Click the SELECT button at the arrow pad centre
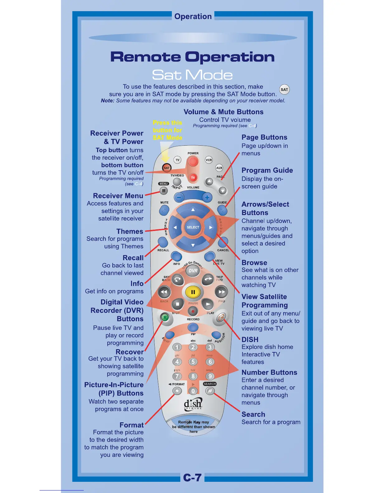coord(193,227)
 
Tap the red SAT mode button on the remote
coord(167,168)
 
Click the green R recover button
coord(165,317)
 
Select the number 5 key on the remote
coord(193,362)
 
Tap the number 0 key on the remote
coord(193,391)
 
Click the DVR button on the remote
coord(193,270)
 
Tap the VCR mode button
coord(209,160)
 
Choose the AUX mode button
coord(219,168)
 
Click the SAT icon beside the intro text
coord(284,90)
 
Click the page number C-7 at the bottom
coord(192,477)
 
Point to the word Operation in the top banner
coord(193,16)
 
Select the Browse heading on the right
coord(254,263)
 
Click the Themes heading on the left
coord(130,231)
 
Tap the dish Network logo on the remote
coord(193,404)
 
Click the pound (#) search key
coord(210,391)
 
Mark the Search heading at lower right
coord(253,414)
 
